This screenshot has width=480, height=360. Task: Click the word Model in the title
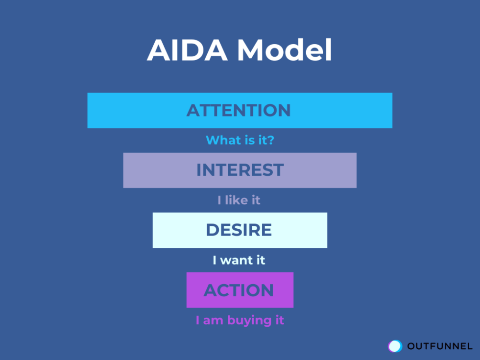coord(284,49)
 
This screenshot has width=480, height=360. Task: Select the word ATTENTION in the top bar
coord(239,110)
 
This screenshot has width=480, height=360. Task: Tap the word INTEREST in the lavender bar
coord(240,170)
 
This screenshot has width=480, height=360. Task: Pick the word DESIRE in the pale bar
coord(239,230)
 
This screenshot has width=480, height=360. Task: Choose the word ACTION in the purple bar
coord(239,290)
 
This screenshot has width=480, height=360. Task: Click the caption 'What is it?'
coord(240,140)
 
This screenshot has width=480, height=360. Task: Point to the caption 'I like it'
coord(239,200)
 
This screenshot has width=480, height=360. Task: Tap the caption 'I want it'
coord(239,260)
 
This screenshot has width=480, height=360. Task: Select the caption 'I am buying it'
coord(240,320)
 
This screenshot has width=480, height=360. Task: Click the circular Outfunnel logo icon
coord(395,346)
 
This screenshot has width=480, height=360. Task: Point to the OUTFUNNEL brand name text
coord(440,346)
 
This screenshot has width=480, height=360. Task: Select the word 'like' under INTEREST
coord(237,200)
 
